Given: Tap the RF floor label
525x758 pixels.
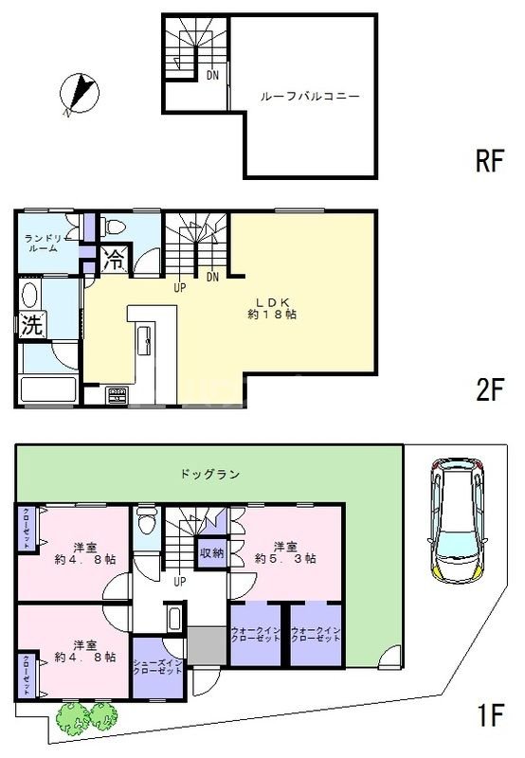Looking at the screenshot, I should [488, 162].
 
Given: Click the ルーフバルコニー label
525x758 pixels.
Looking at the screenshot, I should [309, 97].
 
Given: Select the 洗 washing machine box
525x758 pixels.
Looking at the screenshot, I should [31, 325].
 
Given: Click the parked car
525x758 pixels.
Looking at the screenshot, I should [458, 519].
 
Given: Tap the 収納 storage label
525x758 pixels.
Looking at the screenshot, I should [210, 553].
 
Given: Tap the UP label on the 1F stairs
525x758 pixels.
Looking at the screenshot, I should [179, 581].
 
